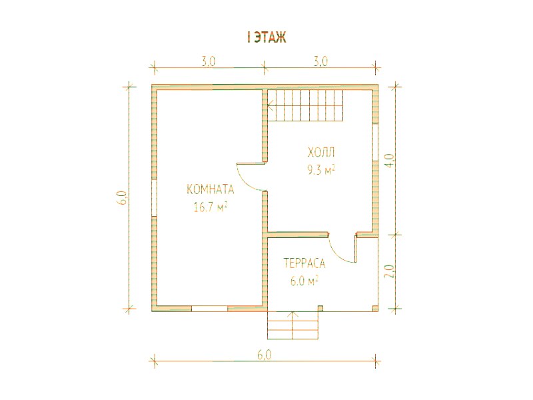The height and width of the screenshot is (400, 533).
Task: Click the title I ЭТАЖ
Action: point(267,37)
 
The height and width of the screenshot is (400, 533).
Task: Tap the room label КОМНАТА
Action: point(211,189)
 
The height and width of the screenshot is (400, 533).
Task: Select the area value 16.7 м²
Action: point(211,207)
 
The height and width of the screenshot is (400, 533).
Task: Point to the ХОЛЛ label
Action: point(321,152)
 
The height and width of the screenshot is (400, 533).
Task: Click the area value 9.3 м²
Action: point(321,169)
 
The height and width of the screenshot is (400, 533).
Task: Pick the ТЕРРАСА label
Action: point(304,263)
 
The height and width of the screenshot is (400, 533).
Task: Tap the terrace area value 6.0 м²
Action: point(304,281)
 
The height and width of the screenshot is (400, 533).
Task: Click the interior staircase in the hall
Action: point(305,105)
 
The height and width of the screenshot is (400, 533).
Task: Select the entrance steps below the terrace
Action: point(293,325)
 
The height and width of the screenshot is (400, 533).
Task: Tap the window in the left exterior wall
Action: point(154,197)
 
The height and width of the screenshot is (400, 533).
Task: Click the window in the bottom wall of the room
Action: point(209,309)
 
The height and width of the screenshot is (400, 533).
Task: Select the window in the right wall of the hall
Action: point(376,142)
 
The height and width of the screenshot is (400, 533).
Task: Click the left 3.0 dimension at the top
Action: point(209,61)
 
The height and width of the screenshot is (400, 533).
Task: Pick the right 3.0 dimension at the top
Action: point(320,61)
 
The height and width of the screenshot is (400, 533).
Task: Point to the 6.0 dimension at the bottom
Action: point(265,355)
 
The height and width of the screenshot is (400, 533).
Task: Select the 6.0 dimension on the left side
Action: point(123,197)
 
